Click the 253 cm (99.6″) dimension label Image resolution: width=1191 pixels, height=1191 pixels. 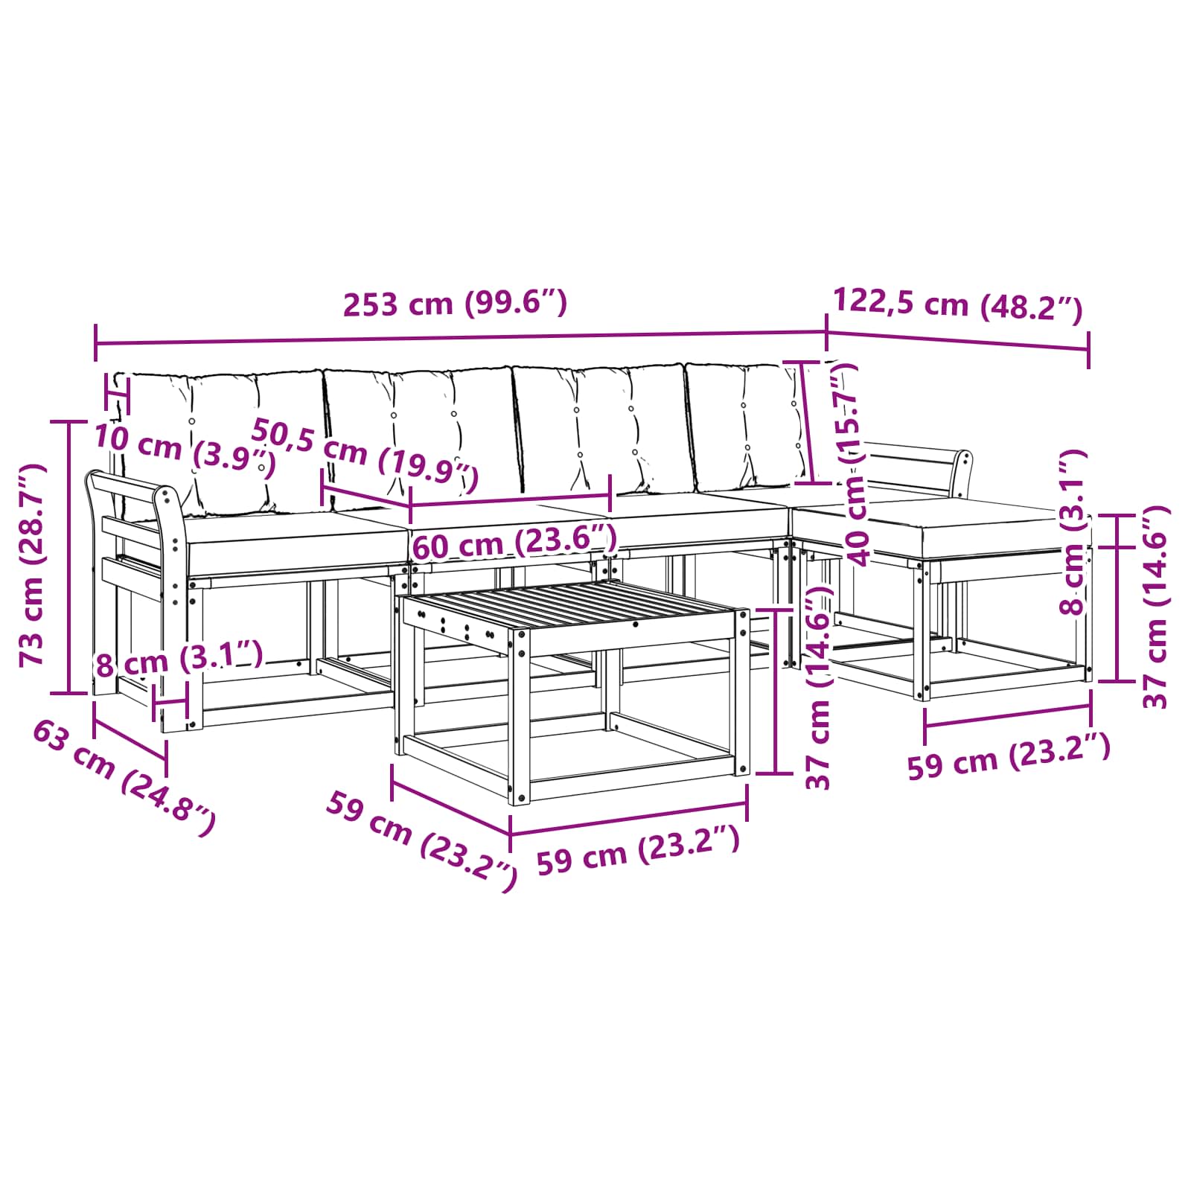(x=455, y=304)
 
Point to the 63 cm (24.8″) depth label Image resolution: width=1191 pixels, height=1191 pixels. (x=124, y=778)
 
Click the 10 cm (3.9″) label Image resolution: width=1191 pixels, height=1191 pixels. (x=185, y=450)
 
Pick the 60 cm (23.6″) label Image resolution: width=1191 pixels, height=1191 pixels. (x=514, y=541)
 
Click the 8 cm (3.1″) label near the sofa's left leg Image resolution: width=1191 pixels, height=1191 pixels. (x=179, y=658)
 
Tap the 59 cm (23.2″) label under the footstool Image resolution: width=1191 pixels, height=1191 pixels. (x=1009, y=756)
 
